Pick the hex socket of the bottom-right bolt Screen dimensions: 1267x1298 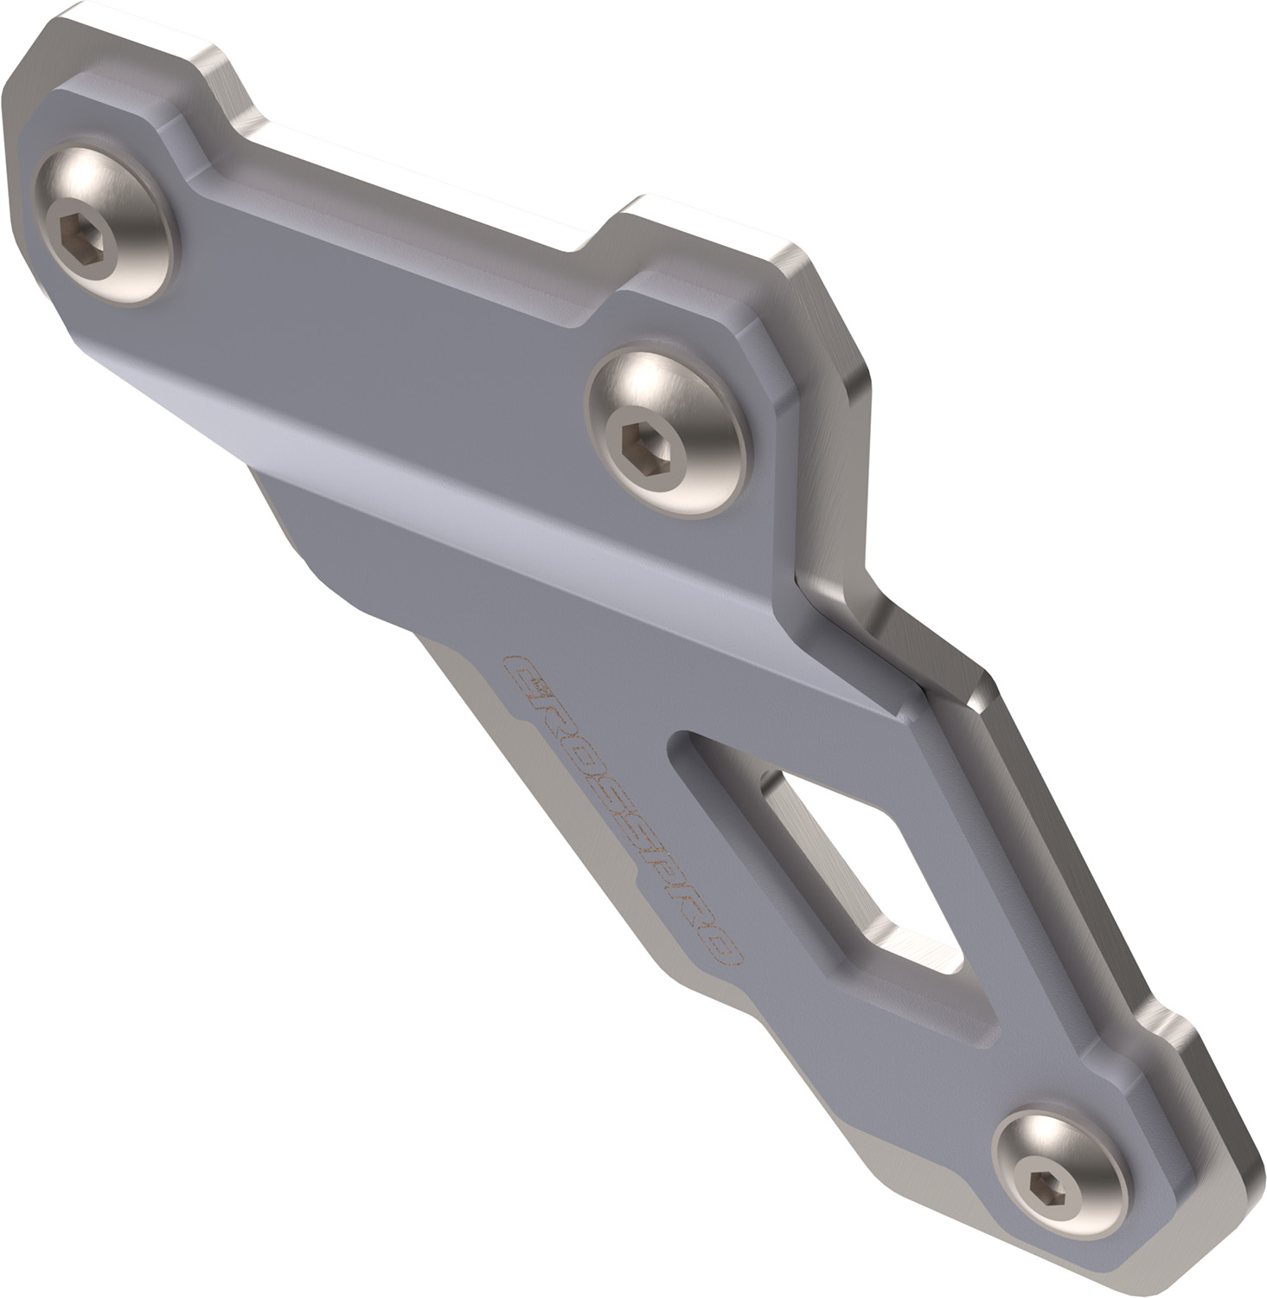(1033, 1179)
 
